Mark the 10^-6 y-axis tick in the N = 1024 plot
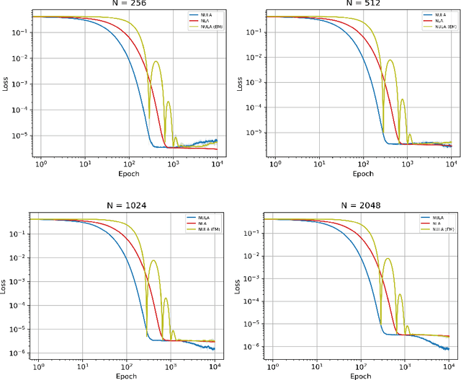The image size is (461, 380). coord(18,354)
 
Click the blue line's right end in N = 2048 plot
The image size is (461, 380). coord(450,348)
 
